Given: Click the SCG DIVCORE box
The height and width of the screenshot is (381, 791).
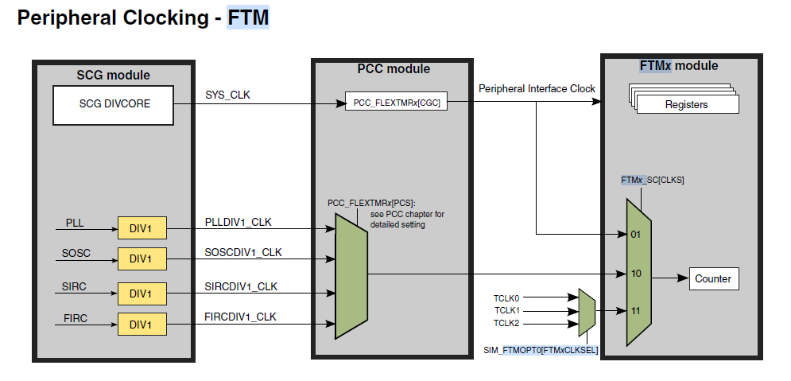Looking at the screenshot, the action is (x=114, y=105).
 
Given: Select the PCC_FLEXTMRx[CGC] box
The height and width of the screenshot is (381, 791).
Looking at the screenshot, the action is (x=396, y=102).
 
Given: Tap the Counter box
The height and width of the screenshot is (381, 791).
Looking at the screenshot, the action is (x=714, y=278).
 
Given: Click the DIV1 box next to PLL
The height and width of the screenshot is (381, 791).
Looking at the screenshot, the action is (x=142, y=228).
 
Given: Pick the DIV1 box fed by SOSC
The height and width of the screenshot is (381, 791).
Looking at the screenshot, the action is (x=142, y=259).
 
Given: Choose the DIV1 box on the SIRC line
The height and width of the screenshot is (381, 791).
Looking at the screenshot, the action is (x=142, y=294).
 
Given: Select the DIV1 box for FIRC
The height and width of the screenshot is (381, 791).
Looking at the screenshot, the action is (x=142, y=324).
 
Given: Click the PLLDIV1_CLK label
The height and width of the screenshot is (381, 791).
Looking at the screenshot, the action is (x=238, y=222).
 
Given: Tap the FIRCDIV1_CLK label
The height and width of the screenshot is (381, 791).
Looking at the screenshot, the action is (x=241, y=317).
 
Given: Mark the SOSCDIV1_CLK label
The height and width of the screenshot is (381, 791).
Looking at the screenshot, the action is (x=243, y=252).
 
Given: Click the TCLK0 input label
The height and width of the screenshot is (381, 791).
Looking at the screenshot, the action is (x=506, y=297).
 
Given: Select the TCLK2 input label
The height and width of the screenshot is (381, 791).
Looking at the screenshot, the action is (x=506, y=323).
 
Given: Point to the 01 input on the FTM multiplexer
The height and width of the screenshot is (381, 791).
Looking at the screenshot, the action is (x=636, y=235).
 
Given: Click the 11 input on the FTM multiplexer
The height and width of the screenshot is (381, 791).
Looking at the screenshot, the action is (x=636, y=311).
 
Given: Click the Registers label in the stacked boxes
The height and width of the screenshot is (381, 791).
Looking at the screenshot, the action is (x=686, y=105).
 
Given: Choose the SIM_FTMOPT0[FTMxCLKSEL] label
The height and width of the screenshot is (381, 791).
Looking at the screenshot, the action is (x=541, y=350).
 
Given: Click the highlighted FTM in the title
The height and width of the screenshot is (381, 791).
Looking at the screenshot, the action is (x=248, y=17).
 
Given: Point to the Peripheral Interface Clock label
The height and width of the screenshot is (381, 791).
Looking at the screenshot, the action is (x=537, y=89).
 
